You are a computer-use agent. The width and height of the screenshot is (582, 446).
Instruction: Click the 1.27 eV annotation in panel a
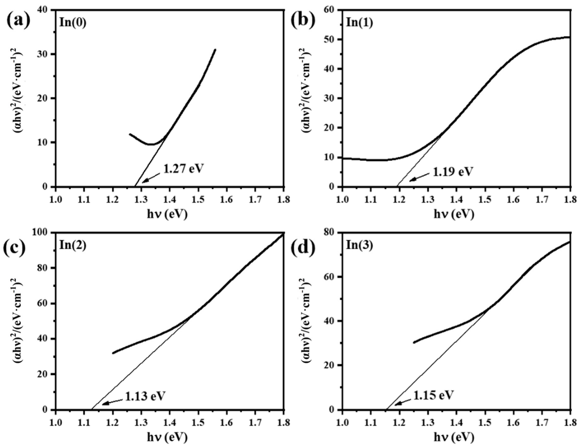183,169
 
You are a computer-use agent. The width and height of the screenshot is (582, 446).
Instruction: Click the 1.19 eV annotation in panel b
453,172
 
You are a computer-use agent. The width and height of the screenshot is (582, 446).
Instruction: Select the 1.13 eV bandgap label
145,396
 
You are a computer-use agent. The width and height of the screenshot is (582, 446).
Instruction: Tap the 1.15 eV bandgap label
433,395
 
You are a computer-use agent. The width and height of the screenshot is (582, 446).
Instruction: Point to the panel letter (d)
302,248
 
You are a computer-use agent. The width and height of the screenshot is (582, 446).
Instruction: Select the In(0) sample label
73,23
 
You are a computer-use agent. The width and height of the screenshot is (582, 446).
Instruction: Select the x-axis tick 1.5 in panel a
198,199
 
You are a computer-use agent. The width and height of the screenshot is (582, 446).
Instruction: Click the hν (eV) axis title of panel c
167,437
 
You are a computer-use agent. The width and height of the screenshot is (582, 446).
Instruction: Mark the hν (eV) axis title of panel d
454,437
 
